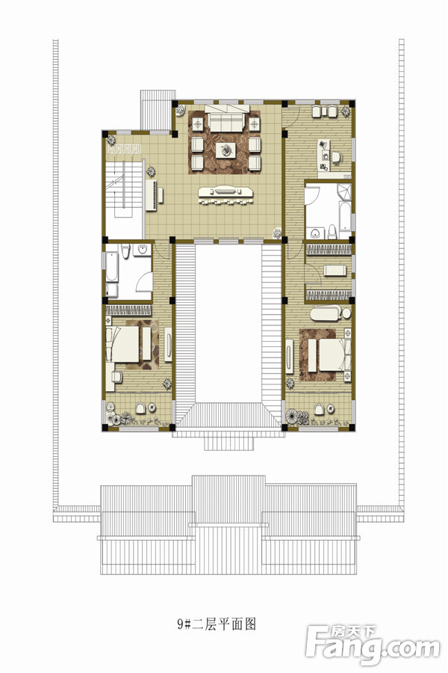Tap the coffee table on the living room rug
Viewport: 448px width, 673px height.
point(225,150)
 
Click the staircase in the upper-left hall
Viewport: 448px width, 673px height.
point(125,190)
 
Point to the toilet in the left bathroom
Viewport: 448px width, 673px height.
point(125,251)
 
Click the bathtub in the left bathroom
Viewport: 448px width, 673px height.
point(111,267)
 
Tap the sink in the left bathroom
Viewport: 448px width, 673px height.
point(142,250)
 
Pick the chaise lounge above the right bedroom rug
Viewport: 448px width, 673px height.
point(330,313)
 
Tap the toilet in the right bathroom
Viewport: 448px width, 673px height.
point(332,232)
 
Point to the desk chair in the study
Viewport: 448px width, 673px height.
point(336,158)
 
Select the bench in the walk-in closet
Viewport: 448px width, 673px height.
point(335,271)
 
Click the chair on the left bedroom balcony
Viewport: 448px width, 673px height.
point(140,408)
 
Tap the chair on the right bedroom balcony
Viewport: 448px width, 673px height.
point(319,409)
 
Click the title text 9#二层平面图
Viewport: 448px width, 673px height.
point(217,624)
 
